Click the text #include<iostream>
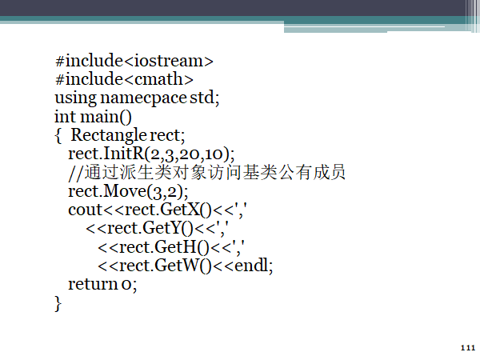pos(134,61)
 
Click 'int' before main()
pos(64,116)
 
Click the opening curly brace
pos(58,134)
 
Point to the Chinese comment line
pos(206,172)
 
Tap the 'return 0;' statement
pos(102,283)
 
